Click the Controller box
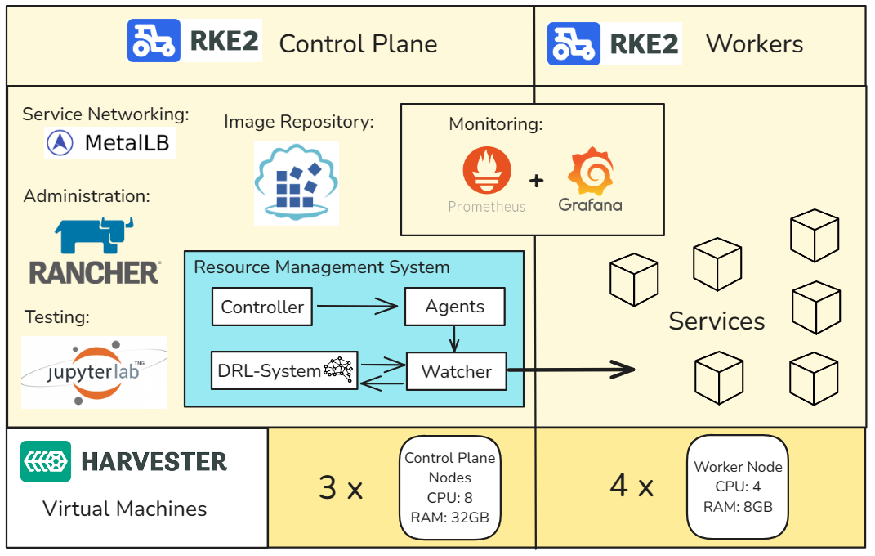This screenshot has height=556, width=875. click(262, 307)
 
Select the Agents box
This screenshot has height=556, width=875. click(454, 307)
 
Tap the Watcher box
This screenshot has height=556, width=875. click(456, 372)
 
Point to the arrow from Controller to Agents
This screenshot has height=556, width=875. click(359, 307)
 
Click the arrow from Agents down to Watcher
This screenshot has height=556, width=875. click(454, 339)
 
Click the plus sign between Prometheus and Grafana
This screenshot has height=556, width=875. click(536, 181)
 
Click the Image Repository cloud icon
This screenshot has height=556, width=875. click(296, 184)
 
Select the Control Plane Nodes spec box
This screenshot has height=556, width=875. click(450, 487)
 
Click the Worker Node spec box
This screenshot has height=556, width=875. click(738, 486)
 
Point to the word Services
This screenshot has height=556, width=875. click(717, 321)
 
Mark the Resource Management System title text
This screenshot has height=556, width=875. click(321, 267)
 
